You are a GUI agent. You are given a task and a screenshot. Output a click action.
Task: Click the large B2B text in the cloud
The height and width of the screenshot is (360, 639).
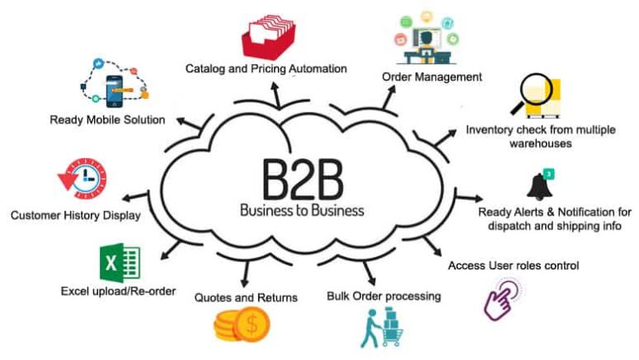[x=302, y=176]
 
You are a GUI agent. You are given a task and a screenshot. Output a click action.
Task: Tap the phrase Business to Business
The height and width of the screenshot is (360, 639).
[x=301, y=210]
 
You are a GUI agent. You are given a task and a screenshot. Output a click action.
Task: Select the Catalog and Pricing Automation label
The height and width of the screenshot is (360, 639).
[x=265, y=68]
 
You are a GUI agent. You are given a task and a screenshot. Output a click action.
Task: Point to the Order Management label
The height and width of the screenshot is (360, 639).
[x=432, y=76]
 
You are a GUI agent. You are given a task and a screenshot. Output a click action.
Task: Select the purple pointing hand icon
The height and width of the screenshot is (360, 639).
[x=503, y=299]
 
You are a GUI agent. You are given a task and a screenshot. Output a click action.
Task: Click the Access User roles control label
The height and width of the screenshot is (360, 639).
[x=513, y=265]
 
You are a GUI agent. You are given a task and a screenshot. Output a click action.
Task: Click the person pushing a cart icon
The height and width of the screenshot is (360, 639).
[x=379, y=328]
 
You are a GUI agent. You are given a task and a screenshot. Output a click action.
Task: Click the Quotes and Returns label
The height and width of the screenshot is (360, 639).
[x=245, y=297]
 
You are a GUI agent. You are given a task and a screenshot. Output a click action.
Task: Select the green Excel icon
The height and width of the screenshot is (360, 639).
[x=118, y=264]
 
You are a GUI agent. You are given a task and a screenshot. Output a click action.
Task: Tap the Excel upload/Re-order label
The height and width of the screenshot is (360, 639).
[x=118, y=291]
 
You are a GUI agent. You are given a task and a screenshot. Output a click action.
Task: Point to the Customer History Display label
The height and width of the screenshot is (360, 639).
[x=75, y=215]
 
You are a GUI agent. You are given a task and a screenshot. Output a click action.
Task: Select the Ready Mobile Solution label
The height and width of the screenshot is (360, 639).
[x=107, y=119]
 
